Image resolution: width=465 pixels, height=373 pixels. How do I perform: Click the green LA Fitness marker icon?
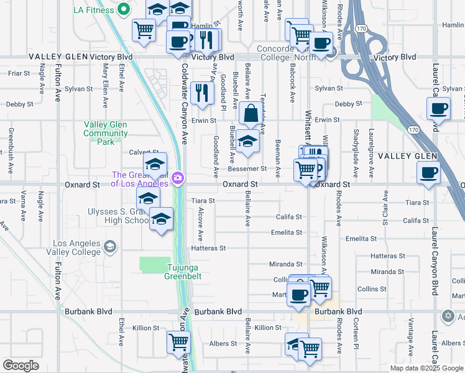coord(123,9)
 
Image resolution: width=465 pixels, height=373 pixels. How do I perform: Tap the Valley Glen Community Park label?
coord(106,133)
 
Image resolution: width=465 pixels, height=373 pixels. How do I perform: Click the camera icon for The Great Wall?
coord(178,179)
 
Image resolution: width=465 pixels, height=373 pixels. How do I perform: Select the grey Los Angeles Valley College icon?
coord(110,247)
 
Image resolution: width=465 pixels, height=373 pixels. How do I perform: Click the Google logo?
coord(21,366)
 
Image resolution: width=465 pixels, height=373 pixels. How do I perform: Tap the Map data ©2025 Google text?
coord(426,368)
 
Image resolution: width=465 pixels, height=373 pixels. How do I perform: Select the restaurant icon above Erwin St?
coord(201,93)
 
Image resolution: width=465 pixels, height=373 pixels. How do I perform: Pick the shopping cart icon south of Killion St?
coord(178,341)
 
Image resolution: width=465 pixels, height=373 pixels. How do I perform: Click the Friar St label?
coord(19,73)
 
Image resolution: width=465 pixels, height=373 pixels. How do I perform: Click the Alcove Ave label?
coord(201,224)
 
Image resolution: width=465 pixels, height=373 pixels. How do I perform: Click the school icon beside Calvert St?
coord(155,165)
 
